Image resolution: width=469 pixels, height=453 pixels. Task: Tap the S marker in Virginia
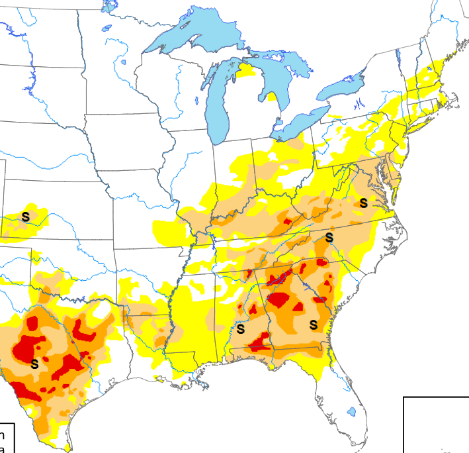click(x=363, y=202)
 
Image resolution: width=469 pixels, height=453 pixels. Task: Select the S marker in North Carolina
click(x=329, y=237)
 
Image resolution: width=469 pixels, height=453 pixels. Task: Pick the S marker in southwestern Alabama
click(x=241, y=328)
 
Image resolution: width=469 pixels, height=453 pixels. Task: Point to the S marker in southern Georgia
click(x=314, y=324)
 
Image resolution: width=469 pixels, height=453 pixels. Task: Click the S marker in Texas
click(x=34, y=363)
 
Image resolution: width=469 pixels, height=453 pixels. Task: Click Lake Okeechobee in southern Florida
click(x=351, y=411)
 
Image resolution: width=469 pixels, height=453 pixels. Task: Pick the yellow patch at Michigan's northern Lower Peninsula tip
click(x=246, y=69)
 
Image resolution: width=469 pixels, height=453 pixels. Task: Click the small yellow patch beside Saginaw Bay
click(x=272, y=97)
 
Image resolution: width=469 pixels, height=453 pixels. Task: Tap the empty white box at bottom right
click(x=437, y=424)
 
